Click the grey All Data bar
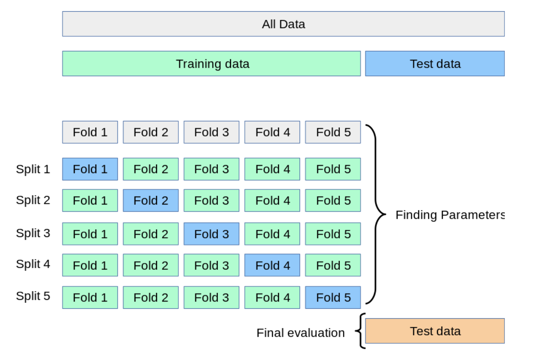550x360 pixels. pyautogui.click(x=283, y=24)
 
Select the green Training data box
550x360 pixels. pyautogui.click(x=211, y=64)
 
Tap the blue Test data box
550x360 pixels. pyautogui.click(x=435, y=64)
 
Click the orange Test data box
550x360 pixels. pyautogui.click(x=435, y=331)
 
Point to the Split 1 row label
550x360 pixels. pyautogui.click(x=33, y=169)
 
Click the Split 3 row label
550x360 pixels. pyautogui.click(x=33, y=233)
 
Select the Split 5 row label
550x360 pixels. pyautogui.click(x=33, y=296)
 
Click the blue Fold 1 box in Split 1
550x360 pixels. pyautogui.click(x=90, y=169)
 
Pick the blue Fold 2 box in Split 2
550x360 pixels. pyautogui.click(x=151, y=200)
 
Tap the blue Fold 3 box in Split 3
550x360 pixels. pyautogui.click(x=211, y=234)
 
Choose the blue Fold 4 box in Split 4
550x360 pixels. pyautogui.click(x=272, y=265)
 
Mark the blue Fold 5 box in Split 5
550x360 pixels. pyautogui.click(x=333, y=297)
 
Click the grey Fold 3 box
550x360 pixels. pyautogui.click(x=211, y=132)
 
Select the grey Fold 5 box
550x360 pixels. pyautogui.click(x=333, y=132)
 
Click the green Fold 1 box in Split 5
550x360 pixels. pyautogui.click(x=90, y=297)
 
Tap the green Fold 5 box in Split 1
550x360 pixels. pyautogui.click(x=333, y=169)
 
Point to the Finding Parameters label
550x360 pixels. pyautogui.click(x=450, y=215)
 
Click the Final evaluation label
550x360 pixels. pyautogui.click(x=301, y=333)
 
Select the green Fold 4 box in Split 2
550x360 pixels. pyautogui.click(x=272, y=200)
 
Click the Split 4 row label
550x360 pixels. pyautogui.click(x=33, y=264)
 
